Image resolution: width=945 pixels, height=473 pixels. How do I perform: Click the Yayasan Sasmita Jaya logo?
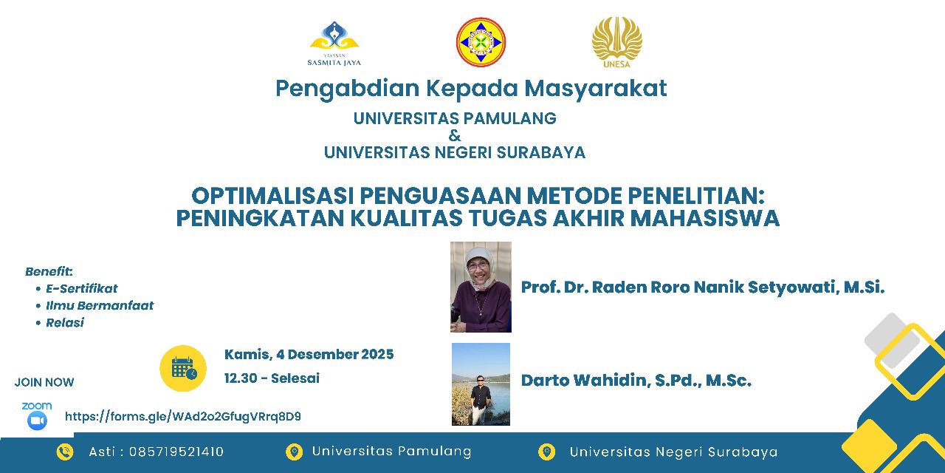coord(334,44)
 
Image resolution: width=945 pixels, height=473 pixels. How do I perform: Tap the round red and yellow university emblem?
coord(481,42)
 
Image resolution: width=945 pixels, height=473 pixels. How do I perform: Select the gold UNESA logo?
coord(616,42)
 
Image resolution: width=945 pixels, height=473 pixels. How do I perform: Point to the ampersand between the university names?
coord(455,135)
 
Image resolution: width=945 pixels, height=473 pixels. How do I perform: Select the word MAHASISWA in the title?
coord(704,218)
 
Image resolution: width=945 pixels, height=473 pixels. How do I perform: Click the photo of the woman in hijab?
coord(481,287)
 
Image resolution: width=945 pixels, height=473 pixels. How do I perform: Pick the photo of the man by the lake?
coord(481,384)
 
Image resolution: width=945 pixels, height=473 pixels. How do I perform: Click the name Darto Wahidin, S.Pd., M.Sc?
coord(636,381)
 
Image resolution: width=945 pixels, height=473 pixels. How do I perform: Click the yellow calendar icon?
coord(183,368)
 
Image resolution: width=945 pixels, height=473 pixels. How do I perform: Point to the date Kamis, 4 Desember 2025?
coord(309,354)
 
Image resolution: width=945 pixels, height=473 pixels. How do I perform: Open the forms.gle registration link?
coord(182,417)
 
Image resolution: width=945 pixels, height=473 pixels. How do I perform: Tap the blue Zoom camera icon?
coord(37,421)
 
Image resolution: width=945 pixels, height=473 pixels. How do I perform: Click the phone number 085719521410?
coord(176,452)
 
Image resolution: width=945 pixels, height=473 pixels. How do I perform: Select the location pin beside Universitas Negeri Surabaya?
coord(547,452)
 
